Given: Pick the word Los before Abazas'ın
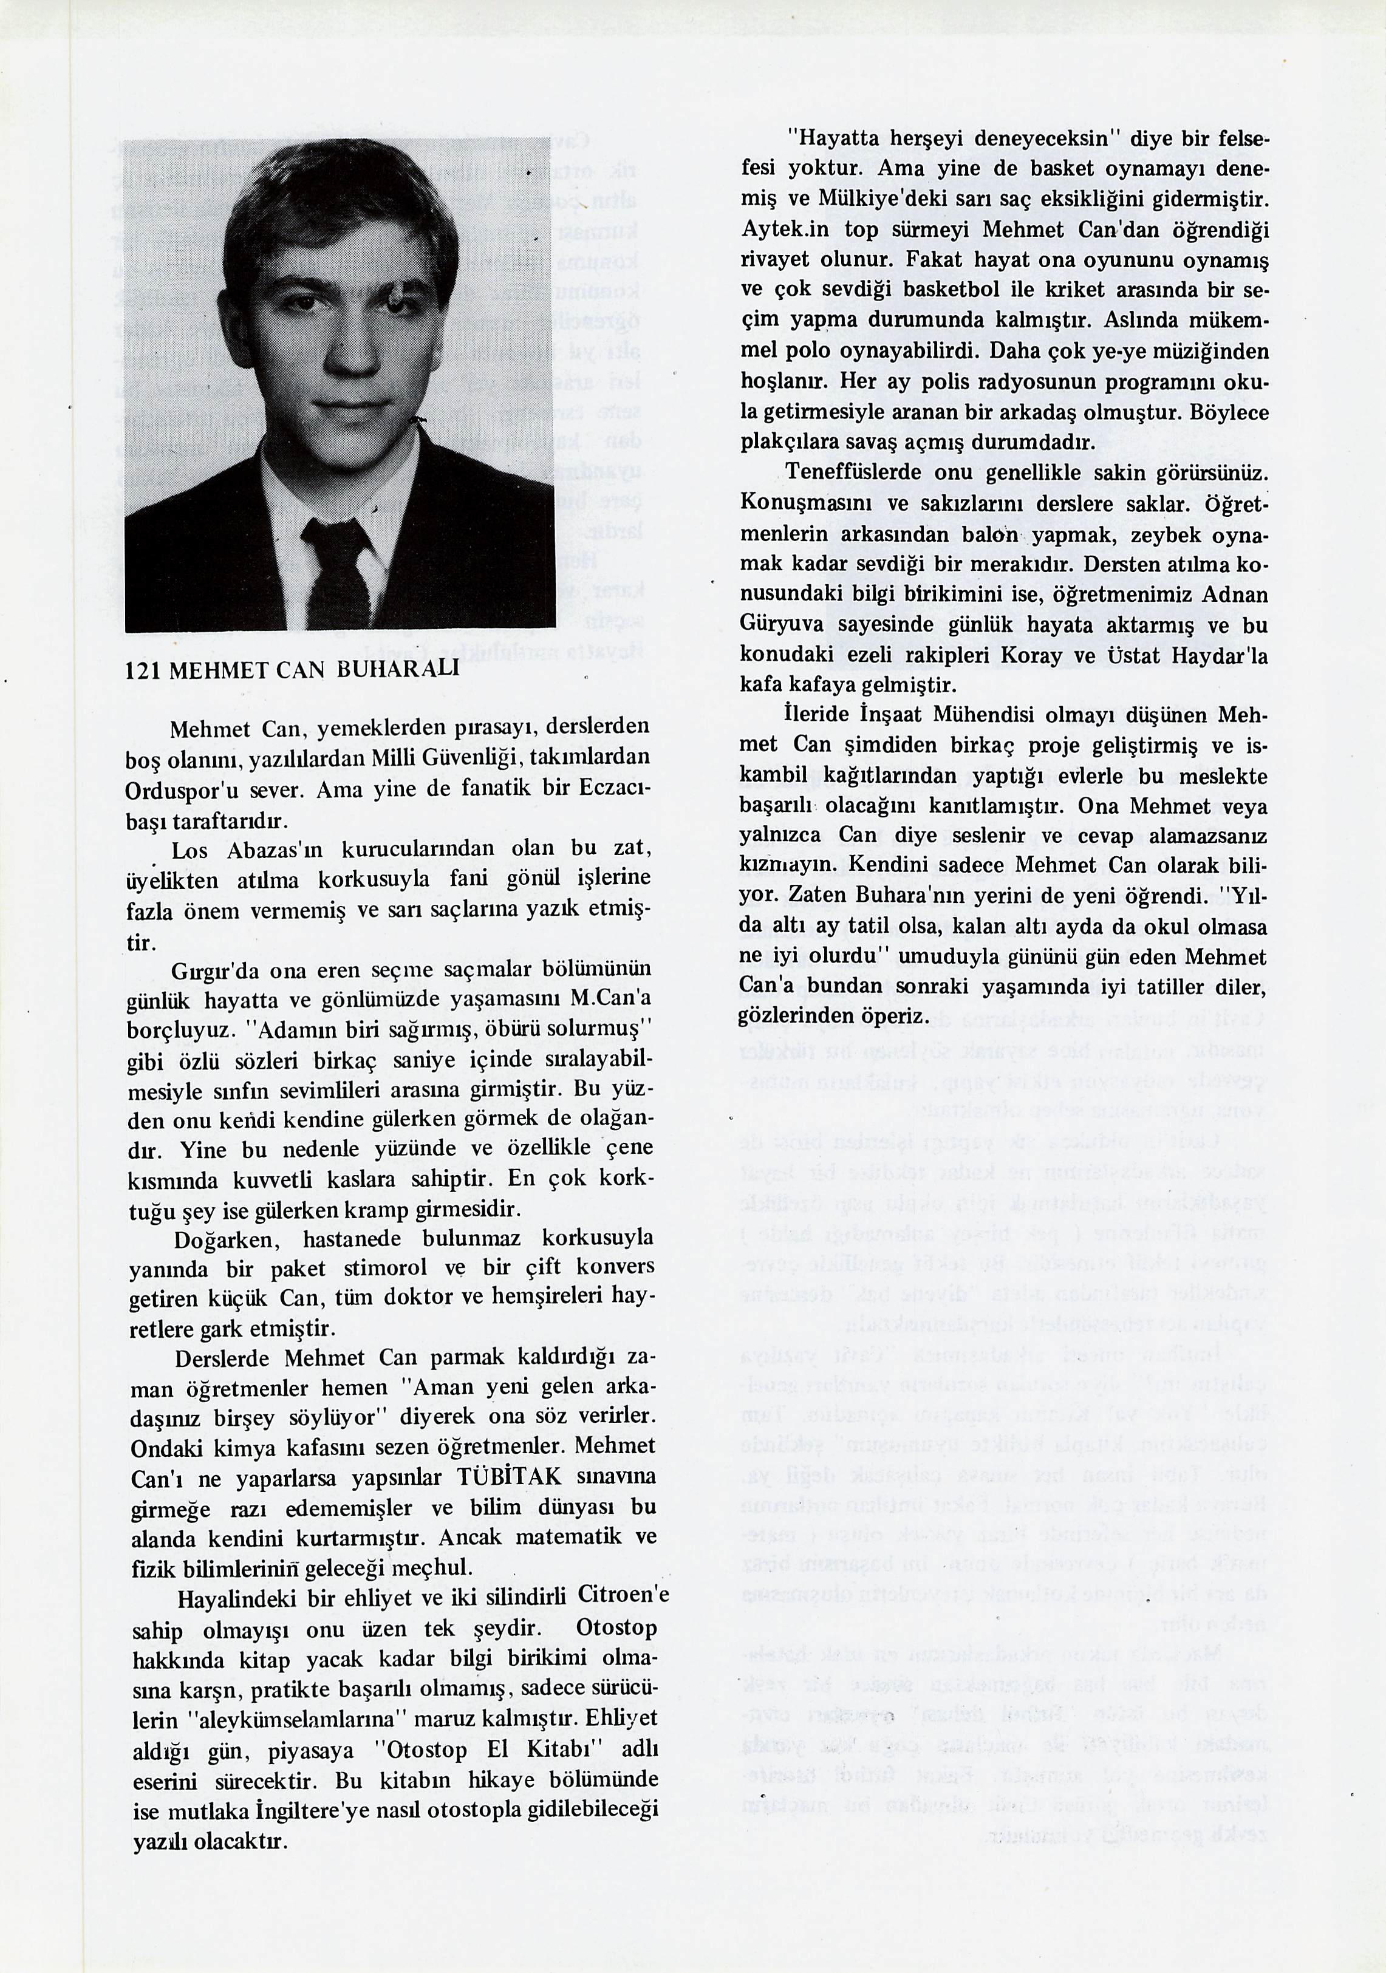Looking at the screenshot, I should tap(189, 850).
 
